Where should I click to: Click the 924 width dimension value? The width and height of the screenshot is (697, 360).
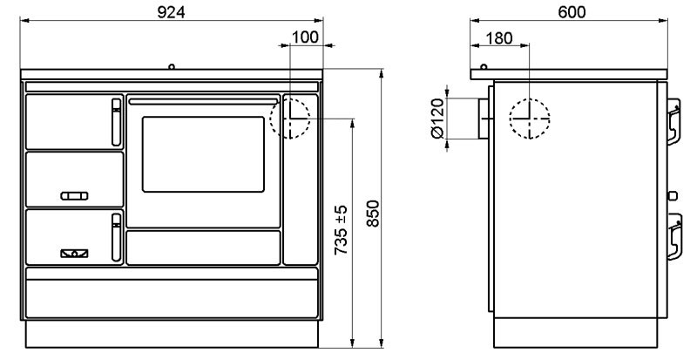click(171, 12)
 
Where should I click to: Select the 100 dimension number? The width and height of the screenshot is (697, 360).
click(306, 37)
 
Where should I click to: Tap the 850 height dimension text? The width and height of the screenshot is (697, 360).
click(373, 214)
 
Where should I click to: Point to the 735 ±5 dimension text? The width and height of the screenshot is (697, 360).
click(341, 230)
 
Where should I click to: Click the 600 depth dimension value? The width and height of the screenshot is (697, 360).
click(572, 12)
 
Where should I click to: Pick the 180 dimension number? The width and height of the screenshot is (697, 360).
click(499, 38)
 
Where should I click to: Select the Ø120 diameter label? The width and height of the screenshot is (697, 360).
click(438, 119)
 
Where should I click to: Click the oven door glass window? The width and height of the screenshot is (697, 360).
click(203, 154)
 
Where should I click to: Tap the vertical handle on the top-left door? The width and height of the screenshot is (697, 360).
click(116, 122)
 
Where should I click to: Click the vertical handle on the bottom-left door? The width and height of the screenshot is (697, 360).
click(116, 237)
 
